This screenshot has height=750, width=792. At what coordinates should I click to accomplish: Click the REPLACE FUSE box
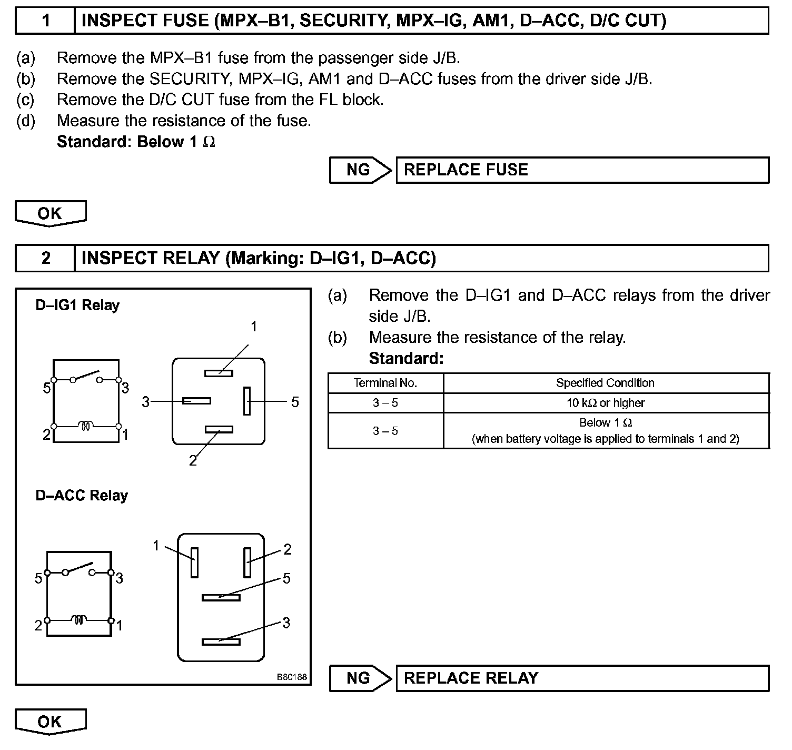click(x=582, y=170)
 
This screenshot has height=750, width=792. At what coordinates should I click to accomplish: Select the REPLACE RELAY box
click(x=582, y=678)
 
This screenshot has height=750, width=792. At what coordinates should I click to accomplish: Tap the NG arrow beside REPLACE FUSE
click(x=360, y=170)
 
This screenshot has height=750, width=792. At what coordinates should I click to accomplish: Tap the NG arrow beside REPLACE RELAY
click(x=360, y=678)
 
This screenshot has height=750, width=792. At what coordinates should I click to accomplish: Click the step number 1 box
click(x=46, y=21)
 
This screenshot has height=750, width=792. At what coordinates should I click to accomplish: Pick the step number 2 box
click(x=46, y=258)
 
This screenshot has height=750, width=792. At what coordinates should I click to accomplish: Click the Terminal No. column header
click(x=385, y=383)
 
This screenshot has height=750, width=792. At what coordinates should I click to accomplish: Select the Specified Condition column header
click(x=605, y=383)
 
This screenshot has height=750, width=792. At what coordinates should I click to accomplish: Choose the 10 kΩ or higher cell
click(x=605, y=403)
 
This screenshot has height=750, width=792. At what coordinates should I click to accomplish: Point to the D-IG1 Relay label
click(x=77, y=305)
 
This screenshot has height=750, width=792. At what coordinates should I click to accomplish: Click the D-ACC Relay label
click(x=82, y=496)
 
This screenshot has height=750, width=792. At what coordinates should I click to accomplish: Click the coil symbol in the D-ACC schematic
click(x=78, y=619)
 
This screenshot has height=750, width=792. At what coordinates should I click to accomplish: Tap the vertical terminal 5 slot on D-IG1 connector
click(x=247, y=401)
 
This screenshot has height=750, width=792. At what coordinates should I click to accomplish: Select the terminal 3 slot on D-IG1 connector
click(x=196, y=401)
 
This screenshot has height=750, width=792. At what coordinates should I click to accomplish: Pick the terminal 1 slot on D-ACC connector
click(x=194, y=562)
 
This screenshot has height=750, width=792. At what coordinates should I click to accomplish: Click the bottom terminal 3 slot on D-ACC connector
click(x=221, y=642)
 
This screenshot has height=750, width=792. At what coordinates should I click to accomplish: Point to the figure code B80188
click(x=292, y=677)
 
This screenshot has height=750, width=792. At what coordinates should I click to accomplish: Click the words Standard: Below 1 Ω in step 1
click(x=136, y=142)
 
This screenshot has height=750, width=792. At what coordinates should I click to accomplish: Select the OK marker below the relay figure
click(x=50, y=721)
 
